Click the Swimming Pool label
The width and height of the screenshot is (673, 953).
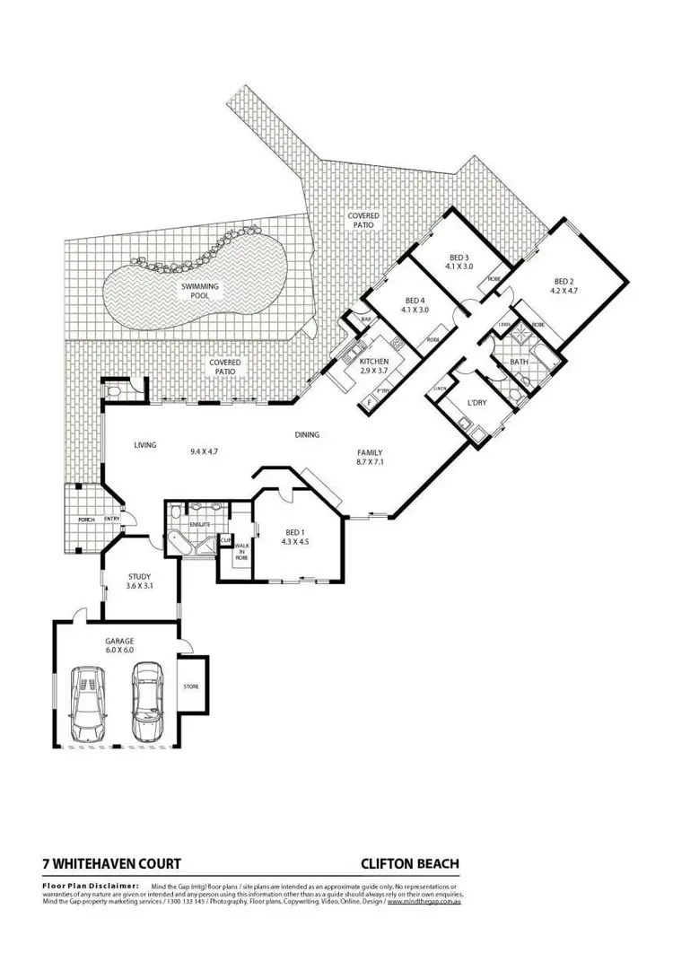click(x=200, y=291)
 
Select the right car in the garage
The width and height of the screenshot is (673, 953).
click(x=144, y=698)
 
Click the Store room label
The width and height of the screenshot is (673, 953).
click(x=191, y=686)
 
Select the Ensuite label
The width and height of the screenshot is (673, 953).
click(x=198, y=521)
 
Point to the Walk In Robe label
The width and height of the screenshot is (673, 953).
click(x=241, y=551)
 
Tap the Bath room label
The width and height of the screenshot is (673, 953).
click(x=519, y=362)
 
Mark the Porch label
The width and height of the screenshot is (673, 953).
click(x=86, y=520)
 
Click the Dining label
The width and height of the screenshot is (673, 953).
click(x=307, y=435)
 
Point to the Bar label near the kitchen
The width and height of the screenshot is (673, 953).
click(x=366, y=319)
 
